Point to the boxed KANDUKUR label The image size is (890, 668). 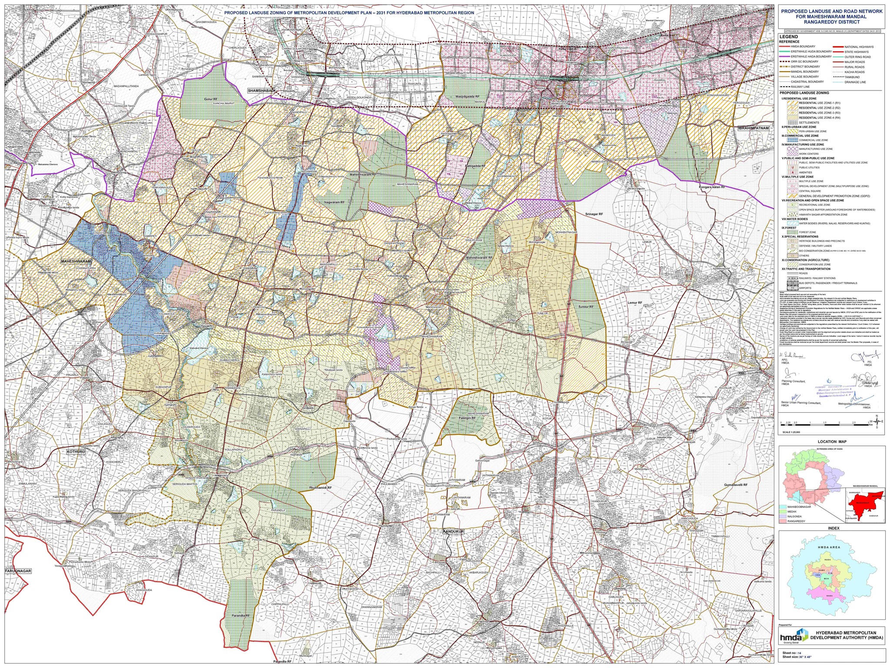(x=454, y=532)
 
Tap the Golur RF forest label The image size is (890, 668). (x=210, y=99)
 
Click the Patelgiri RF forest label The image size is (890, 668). (x=467, y=418)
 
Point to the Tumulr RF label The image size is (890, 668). (x=585, y=307)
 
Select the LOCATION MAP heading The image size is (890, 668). (x=832, y=442)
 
